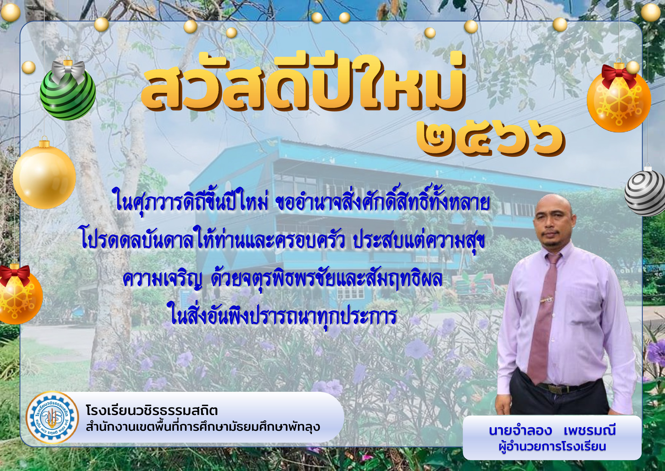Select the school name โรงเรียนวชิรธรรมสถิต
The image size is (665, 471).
[x=152, y=411]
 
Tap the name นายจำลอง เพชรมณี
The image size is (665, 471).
[x=552, y=431]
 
